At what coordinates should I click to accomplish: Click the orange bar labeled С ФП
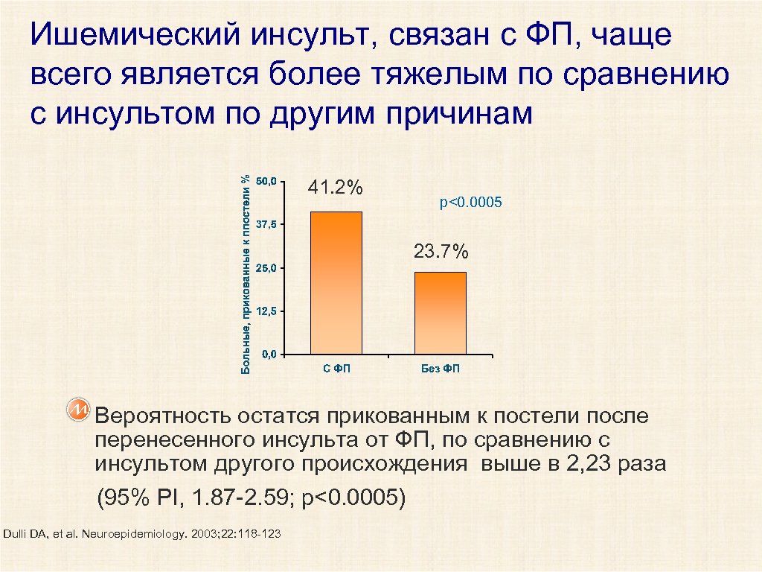[x=336, y=283]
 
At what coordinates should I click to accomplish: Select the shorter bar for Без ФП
[x=441, y=313]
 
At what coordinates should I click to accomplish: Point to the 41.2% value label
[x=336, y=188]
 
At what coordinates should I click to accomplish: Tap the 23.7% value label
[x=441, y=252]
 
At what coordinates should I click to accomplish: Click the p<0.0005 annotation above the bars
[x=471, y=203]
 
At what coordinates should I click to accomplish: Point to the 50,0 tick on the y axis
[x=266, y=181]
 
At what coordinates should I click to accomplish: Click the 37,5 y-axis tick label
[x=266, y=224]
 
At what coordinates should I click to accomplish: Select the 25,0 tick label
[x=266, y=267]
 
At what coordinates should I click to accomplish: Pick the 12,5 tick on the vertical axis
[x=266, y=311]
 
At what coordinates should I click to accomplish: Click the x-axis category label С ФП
[x=336, y=369]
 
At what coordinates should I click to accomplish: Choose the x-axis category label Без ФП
[x=441, y=369]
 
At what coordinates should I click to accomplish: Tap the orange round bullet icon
[x=78, y=410]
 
